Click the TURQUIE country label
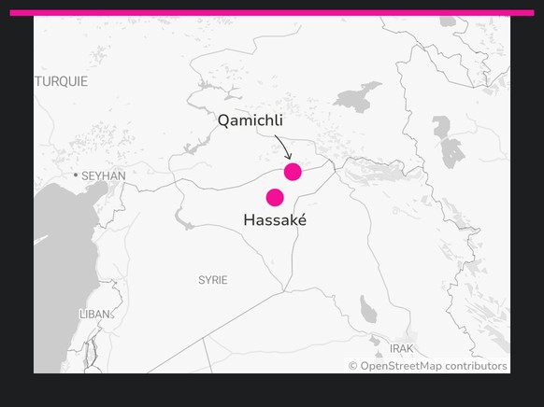click(x=62, y=82)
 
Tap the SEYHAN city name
click(x=104, y=175)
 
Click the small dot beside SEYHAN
click(x=76, y=175)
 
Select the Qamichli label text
click(x=250, y=121)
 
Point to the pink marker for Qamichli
click(x=293, y=172)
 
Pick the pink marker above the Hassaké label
click(x=275, y=197)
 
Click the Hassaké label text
click(x=275, y=220)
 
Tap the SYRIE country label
click(x=213, y=280)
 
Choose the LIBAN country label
click(x=95, y=315)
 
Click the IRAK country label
click(x=402, y=348)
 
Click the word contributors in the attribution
click(x=476, y=366)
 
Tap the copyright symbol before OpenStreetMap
click(x=353, y=366)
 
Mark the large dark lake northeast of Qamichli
click(x=359, y=96)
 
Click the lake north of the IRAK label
click(x=369, y=309)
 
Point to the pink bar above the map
click(x=271, y=13)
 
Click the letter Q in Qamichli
click(x=223, y=121)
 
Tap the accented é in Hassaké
click(x=301, y=220)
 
